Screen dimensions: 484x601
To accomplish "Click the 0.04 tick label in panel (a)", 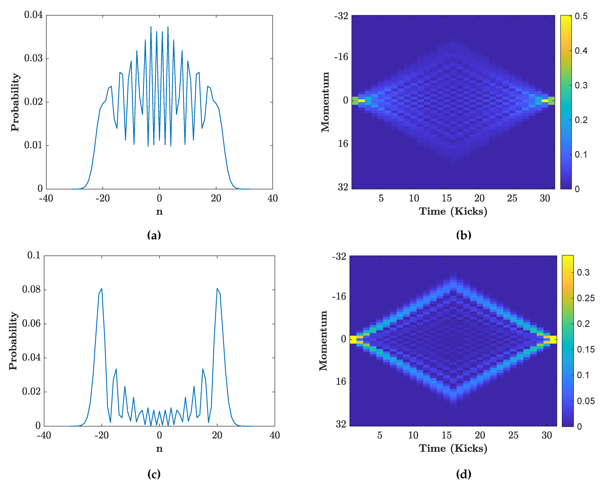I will point(33,15).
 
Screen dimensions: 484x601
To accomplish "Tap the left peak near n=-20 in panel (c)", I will point(102,289).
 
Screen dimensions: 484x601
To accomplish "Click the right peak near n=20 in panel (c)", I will point(217,289).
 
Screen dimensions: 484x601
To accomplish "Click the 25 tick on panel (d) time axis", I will point(513,435).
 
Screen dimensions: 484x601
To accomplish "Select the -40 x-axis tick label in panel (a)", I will point(46,198).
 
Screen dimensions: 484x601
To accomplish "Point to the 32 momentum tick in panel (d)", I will point(341,424).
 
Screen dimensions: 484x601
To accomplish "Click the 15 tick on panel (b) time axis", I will point(446,198).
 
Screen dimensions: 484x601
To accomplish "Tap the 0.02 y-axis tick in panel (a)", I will point(33,102).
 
